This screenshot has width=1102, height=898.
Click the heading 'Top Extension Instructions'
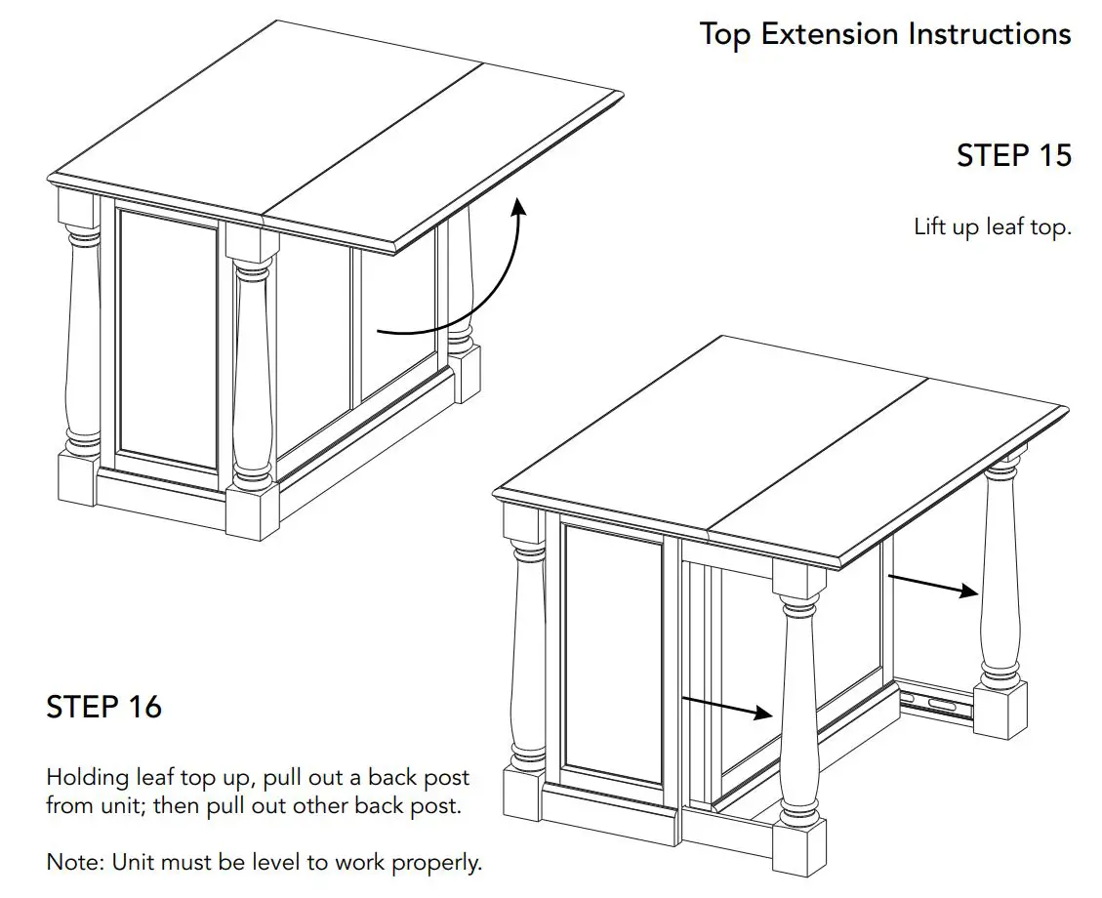pyautogui.click(x=885, y=34)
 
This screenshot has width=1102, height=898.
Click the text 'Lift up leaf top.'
pyautogui.click(x=993, y=227)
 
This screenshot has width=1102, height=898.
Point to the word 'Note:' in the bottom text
pyautogui.click(x=75, y=863)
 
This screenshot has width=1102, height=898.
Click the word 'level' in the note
pyautogui.click(x=304, y=863)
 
